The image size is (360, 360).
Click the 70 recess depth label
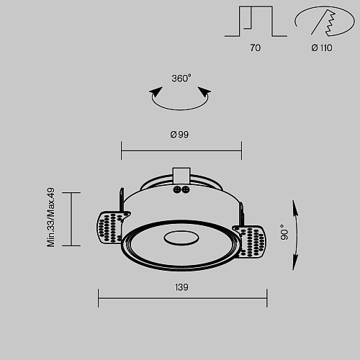(x=255, y=48)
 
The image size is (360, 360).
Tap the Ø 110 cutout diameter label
(x=322, y=48)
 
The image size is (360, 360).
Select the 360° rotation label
(x=181, y=78)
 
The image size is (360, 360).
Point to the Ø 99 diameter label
(x=179, y=135)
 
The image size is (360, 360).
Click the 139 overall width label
(x=181, y=287)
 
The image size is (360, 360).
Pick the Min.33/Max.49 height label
(x=51, y=217)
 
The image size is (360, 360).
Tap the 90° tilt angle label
(x=284, y=232)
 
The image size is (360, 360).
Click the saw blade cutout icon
(x=325, y=21)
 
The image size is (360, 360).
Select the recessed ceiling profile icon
(x=256, y=22)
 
